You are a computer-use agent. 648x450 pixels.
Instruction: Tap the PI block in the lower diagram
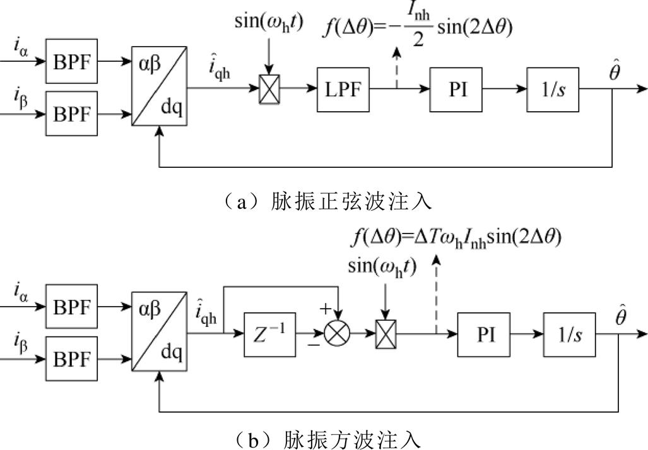[x=485, y=335]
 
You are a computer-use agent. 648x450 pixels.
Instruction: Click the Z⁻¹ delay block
[x=270, y=335]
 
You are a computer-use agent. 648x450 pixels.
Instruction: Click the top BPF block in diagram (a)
[x=72, y=64]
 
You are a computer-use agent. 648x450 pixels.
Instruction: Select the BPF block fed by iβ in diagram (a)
[x=72, y=115]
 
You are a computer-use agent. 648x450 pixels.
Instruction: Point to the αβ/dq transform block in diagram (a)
[x=159, y=88]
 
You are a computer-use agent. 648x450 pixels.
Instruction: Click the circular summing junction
[x=337, y=335]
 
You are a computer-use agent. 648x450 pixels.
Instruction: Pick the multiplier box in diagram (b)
[x=386, y=335]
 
